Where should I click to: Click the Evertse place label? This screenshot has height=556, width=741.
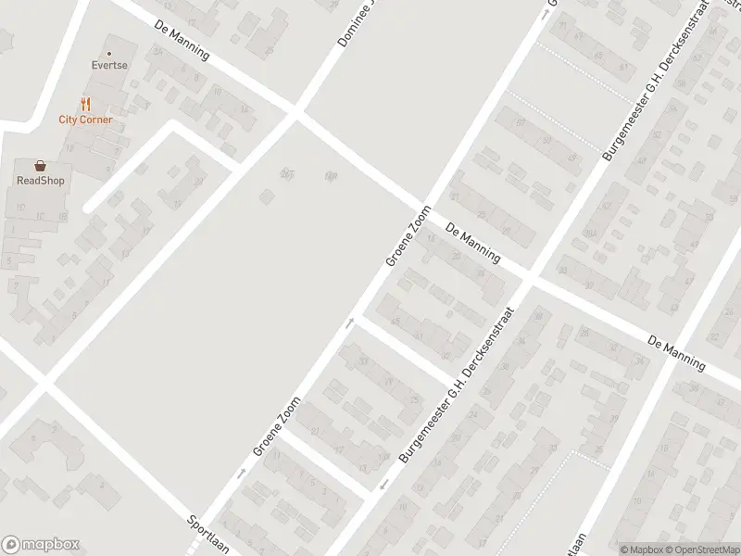(108, 67)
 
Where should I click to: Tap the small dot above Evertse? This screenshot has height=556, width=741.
(108, 53)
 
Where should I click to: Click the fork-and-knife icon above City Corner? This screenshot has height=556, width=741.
(86, 104)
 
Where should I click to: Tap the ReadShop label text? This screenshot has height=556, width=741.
(40, 181)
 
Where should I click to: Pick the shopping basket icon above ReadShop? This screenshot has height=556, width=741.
(40, 165)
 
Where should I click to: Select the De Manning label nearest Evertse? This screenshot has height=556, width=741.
(182, 41)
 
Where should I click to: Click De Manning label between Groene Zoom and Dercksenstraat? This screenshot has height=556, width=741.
(472, 243)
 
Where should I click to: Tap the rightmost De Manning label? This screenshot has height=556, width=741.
(677, 352)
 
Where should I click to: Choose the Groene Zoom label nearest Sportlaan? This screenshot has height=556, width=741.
(277, 425)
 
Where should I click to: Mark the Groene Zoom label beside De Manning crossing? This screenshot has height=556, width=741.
(408, 235)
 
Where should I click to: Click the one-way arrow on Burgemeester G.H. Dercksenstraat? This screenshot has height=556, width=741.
(384, 485)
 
